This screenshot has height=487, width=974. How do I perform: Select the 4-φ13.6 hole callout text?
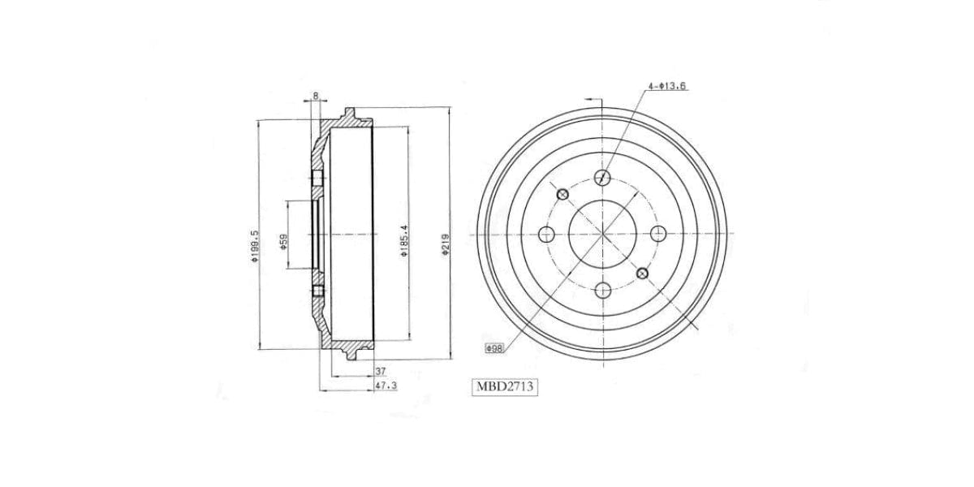[x=667, y=85]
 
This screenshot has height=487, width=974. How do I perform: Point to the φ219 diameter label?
[x=446, y=243]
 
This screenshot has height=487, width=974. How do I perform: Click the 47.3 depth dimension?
[x=386, y=387]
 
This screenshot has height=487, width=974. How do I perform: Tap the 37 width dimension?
[x=380, y=371]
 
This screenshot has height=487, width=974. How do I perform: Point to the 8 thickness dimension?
[x=315, y=97]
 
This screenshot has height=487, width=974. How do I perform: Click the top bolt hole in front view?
[x=602, y=178]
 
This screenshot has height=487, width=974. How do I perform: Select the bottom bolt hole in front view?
[x=602, y=290]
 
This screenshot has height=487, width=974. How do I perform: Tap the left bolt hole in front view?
[x=546, y=234]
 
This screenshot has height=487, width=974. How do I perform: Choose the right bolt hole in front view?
[x=658, y=234]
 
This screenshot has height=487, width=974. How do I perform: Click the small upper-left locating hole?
[x=562, y=194]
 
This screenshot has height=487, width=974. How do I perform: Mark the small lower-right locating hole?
[x=642, y=273]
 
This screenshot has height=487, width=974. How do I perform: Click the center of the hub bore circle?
[x=602, y=234]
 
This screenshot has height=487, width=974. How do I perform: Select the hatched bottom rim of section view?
[x=349, y=347]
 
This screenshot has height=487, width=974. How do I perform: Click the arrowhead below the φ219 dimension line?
[x=450, y=356]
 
